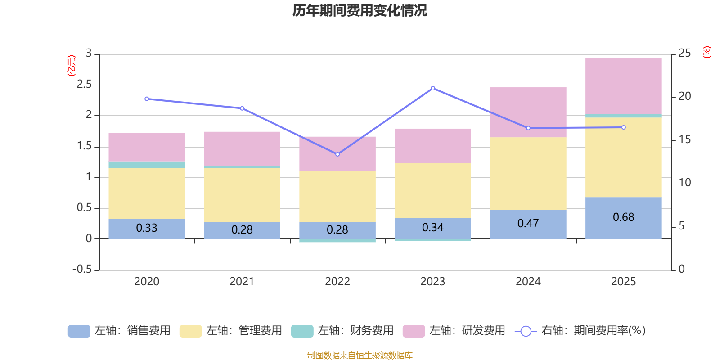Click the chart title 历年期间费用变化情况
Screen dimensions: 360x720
pyautogui.click(x=360, y=10)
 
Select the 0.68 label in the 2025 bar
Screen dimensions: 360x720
pyautogui.click(x=623, y=217)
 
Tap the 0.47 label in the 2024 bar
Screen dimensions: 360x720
pyautogui.click(x=528, y=223)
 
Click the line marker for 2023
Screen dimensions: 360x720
pyautogui.click(x=433, y=88)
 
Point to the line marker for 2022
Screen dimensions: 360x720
pyautogui.click(x=337, y=154)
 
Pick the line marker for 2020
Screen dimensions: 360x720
pyautogui.click(x=147, y=99)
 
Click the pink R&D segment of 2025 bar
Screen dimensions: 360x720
pyautogui.click(x=623, y=85)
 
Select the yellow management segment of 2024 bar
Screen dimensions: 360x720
pyautogui.click(x=528, y=173)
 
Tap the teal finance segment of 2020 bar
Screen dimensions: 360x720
pyautogui.click(x=147, y=165)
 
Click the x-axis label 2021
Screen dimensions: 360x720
pyautogui.click(x=242, y=281)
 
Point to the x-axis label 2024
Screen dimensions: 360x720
pyautogui.click(x=528, y=281)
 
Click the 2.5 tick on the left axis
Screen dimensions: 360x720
pyautogui.click(x=84, y=85)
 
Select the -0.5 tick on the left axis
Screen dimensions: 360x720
pyautogui.click(x=82, y=269)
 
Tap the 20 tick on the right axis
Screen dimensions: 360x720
pyautogui.click(x=684, y=96)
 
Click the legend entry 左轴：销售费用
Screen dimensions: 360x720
pyautogui.click(x=119, y=331)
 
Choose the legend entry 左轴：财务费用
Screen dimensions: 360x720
pyautogui.click(x=342, y=331)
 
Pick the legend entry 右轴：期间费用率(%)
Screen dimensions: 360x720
pyautogui.click(x=580, y=331)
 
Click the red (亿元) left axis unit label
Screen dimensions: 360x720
pyautogui.click(x=72, y=66)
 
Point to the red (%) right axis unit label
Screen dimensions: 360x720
pyautogui.click(x=707, y=52)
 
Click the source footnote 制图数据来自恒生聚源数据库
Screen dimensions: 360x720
pyautogui.click(x=360, y=355)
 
